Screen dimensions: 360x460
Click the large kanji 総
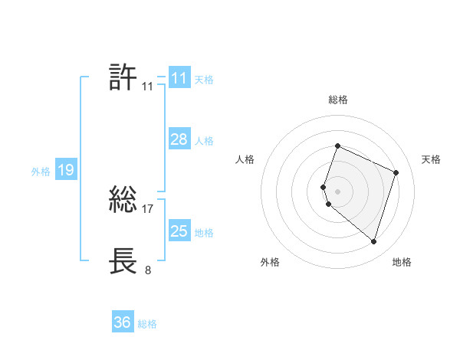123,201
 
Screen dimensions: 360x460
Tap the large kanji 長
123,260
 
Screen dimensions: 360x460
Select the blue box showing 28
179,139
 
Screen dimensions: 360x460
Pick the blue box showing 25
179,231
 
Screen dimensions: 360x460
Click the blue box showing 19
65,170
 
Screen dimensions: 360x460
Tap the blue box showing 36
123,322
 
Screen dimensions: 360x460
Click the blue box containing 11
179,78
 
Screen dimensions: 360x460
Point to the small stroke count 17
148,208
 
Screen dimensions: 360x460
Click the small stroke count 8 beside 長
148,269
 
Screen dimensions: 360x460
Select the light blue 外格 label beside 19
41,172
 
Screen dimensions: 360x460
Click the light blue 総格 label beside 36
147,324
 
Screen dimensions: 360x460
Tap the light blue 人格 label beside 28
204,141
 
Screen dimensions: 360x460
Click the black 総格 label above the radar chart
337,100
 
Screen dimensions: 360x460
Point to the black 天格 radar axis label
431,159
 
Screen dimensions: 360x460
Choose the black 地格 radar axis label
402,262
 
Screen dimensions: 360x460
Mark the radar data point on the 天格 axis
396,172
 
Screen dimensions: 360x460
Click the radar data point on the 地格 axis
373,242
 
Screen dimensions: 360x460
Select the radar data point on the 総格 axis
337,146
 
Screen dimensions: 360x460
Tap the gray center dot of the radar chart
337,191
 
